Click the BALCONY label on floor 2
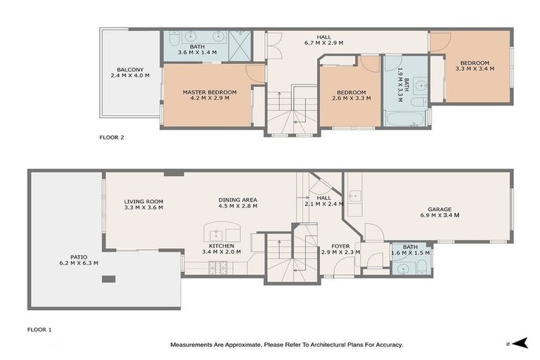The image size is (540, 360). coord(131,70)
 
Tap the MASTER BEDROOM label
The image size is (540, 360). coord(210,92)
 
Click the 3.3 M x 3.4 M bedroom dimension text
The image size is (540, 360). coord(475,69)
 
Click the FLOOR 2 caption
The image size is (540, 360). coord(112,138)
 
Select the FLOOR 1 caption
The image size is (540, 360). coord(39,329)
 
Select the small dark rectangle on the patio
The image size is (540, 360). coord(108,279)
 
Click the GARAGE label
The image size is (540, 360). coord(439,210)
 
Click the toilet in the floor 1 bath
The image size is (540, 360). coord(421,266)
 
